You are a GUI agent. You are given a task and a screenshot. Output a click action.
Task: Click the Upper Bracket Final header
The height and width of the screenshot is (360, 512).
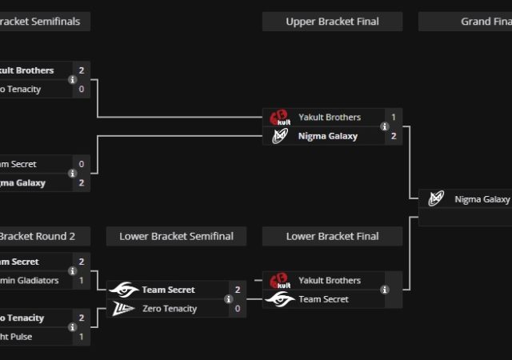332,22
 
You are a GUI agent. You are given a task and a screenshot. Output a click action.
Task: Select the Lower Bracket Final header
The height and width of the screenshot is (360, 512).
332,236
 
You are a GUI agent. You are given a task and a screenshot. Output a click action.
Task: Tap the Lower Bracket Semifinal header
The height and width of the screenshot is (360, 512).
176,236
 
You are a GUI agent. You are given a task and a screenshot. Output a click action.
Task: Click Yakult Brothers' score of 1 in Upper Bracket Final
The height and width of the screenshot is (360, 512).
394,118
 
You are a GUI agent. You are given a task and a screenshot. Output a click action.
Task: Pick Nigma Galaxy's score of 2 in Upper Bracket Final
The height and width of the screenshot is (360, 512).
394,136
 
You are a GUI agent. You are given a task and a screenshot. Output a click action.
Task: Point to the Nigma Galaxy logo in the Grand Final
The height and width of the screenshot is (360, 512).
436,199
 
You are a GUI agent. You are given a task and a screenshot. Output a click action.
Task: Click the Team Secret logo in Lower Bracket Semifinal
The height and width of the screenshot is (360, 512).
123,290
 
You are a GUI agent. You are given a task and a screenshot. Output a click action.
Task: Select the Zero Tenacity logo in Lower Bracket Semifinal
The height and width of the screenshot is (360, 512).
123,309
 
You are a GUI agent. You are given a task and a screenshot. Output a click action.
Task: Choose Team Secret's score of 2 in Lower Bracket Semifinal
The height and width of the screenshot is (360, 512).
238,290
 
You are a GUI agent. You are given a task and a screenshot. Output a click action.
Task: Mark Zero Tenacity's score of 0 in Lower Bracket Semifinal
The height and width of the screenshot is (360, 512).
238,309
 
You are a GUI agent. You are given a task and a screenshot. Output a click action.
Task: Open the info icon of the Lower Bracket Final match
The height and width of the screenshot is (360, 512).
386,290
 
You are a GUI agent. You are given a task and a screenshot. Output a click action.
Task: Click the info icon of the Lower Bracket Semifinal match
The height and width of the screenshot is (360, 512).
230,299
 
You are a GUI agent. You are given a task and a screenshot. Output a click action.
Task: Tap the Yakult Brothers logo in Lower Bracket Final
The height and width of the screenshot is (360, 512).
280,281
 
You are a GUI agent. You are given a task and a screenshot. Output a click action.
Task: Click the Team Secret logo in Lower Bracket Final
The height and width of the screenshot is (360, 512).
280,299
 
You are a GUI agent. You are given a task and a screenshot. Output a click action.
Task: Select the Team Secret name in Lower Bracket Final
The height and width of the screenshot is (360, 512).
323,299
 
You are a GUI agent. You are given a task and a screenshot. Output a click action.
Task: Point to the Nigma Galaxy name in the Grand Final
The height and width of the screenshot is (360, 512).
482,199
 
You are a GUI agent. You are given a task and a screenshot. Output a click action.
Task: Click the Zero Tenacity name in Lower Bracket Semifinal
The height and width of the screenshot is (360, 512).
170,309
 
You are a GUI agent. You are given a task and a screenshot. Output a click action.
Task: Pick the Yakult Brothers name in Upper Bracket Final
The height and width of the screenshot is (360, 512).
330,118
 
